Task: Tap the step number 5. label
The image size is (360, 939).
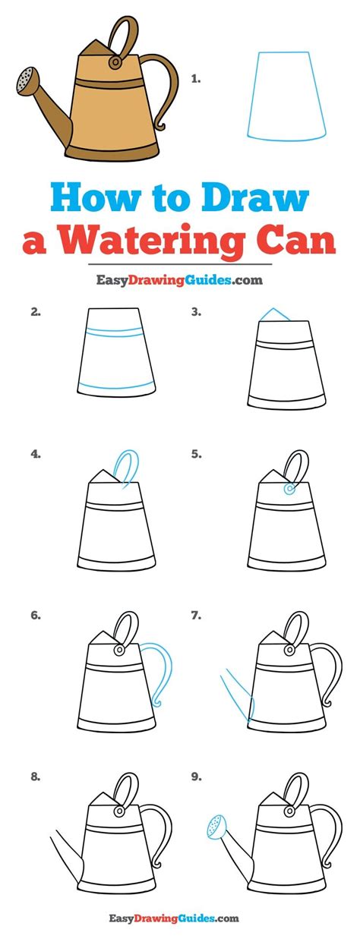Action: point(196,455)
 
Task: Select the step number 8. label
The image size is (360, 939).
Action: point(36,777)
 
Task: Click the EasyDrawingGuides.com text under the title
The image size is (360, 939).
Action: point(179,280)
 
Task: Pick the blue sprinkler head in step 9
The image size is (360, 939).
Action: point(215,826)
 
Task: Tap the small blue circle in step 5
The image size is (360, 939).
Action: point(289,490)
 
